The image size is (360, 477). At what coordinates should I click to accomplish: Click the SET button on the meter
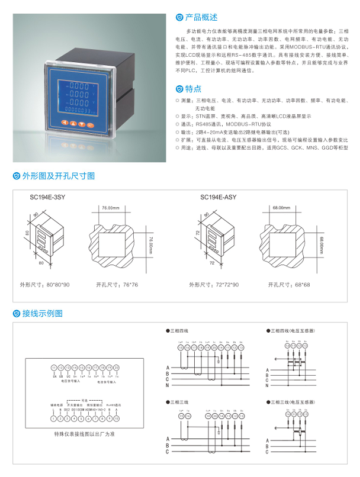(91, 125)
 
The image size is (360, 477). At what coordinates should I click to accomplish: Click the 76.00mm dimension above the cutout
(111, 208)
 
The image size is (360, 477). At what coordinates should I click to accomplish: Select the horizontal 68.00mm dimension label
(281, 208)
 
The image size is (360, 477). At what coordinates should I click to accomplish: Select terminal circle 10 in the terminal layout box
(116, 418)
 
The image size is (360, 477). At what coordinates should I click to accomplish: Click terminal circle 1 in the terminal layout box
(54, 418)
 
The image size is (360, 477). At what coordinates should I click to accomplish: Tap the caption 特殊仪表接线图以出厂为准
(85, 436)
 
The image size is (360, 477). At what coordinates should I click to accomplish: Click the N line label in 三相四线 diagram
(168, 385)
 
